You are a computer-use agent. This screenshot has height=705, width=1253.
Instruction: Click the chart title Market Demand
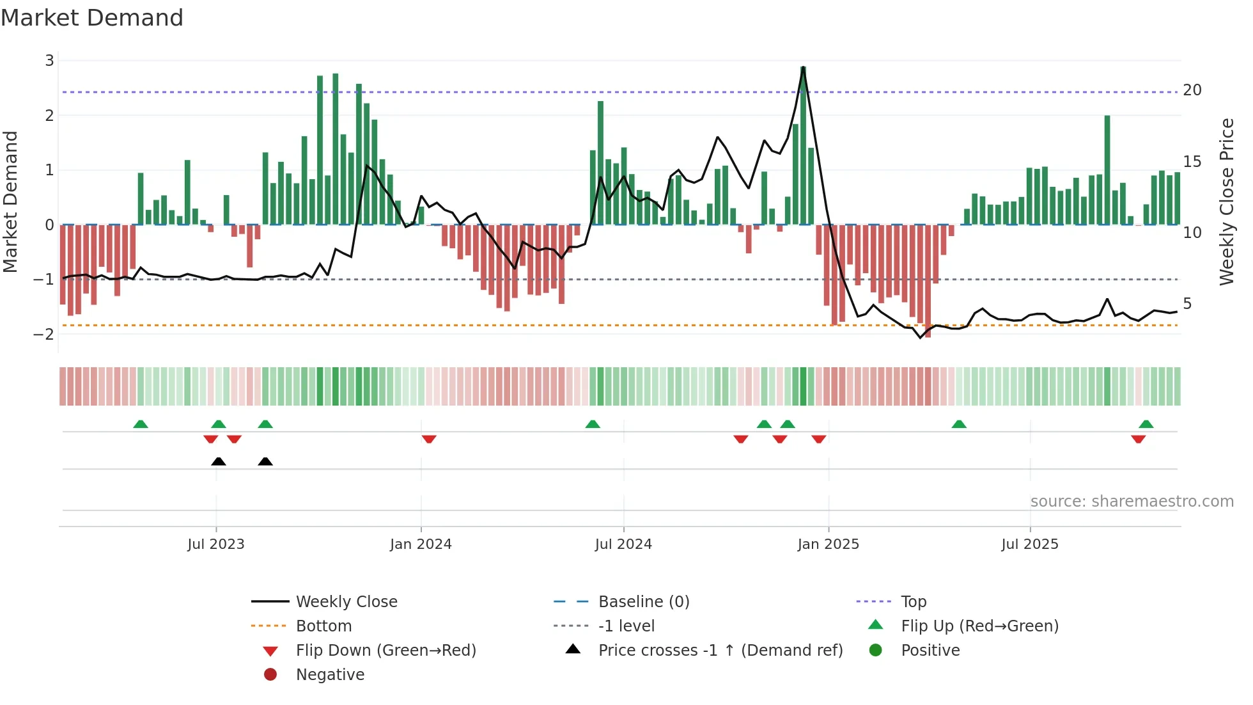pos(92,18)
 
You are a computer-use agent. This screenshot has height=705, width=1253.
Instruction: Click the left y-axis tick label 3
pos(49,61)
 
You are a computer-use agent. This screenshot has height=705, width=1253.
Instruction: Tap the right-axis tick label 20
pos(1192,90)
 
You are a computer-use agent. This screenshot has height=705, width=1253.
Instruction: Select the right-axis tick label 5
pos(1187,304)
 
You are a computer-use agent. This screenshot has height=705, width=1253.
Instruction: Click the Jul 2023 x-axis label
pos(216,544)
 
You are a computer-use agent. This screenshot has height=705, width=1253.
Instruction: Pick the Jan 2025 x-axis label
pos(828,544)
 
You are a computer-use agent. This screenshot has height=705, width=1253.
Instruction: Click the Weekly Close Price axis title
pos(1226,202)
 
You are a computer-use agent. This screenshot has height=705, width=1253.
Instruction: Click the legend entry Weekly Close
pos(346,602)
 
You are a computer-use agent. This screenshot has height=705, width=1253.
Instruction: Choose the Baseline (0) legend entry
pos(643,602)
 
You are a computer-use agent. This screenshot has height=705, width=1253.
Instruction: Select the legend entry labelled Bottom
pos(323,626)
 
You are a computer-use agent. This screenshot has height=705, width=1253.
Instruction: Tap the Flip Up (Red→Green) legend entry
pos(979,626)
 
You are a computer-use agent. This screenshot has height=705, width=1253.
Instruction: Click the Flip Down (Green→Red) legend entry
pos(385,651)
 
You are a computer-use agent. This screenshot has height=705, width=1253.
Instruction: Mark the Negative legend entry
pos(330,675)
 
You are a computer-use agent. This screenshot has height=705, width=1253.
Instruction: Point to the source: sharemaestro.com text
pos(1132,502)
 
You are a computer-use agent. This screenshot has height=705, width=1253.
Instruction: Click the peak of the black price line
pos(803,68)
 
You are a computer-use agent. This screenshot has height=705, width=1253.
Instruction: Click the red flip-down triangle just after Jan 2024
pos(429,439)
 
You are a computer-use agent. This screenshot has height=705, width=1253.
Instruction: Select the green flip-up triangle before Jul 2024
pos(593,424)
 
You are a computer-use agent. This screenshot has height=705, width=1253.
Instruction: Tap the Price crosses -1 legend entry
pos(720,651)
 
